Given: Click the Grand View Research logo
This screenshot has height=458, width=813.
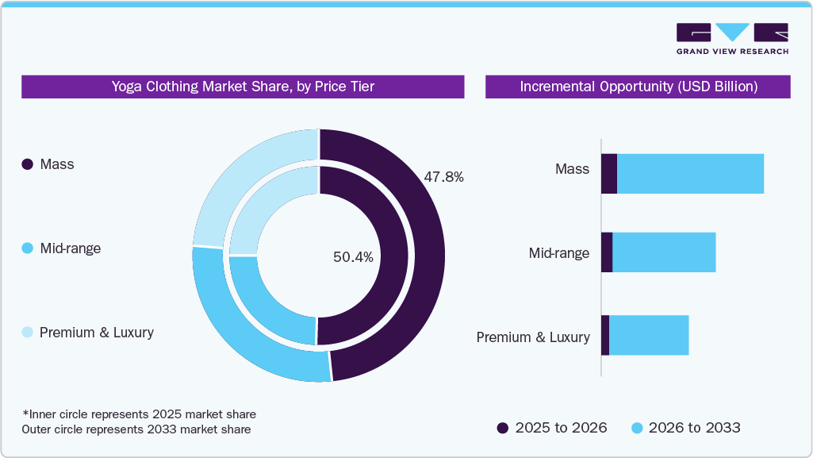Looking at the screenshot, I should tap(731, 38).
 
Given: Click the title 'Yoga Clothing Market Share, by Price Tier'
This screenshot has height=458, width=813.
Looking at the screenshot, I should tap(243, 87).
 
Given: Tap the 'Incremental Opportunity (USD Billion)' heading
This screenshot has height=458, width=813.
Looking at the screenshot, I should tap(638, 87).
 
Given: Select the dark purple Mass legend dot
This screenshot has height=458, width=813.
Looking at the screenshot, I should tap(27, 164).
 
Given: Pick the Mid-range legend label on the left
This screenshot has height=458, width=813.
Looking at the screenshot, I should tap(70, 248).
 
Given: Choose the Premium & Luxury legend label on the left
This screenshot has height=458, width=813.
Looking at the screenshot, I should tap(96, 333).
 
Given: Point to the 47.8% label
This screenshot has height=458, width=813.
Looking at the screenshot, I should tap(443, 177).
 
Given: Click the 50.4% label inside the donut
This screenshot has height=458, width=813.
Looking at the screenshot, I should tap(353, 256).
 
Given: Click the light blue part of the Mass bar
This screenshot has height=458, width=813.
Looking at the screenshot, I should tap(690, 174).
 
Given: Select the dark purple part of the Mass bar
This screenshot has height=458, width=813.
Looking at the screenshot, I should tap(608, 174).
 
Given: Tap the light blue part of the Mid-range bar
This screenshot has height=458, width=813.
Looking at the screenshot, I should tap(664, 252).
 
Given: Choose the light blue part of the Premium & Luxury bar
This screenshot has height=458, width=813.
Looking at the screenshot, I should tap(648, 335).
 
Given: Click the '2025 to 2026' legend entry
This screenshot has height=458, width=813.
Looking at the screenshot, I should tap(552, 428).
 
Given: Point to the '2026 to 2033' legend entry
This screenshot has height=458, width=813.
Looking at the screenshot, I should tap(685, 428).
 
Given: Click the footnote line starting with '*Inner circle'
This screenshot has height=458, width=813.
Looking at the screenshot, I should tap(139, 414).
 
